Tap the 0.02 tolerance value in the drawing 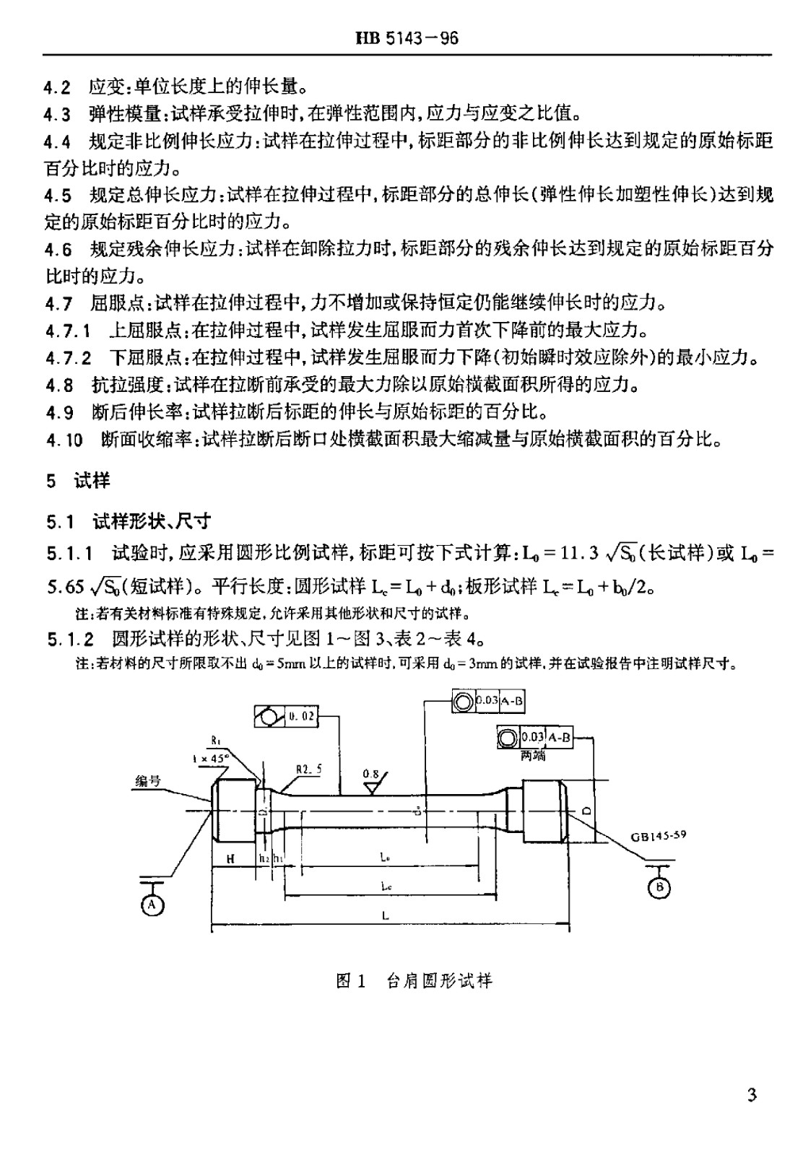pos(302,716)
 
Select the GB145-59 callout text pos(658,835)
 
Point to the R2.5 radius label pos(308,770)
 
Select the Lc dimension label pos(386,886)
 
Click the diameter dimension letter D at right pos(586,810)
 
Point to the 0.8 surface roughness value pos(370,774)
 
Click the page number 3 pos(752,1095)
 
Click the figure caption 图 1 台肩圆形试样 pos(414,981)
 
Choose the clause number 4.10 pos(64,440)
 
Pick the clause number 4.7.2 pos(68,357)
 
